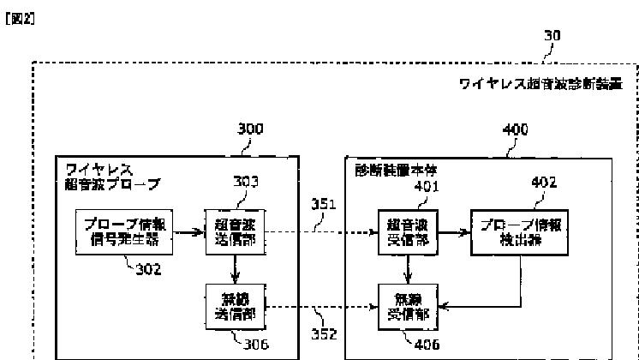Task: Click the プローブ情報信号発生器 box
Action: point(123,231)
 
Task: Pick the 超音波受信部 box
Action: point(409,231)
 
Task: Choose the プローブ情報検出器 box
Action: point(519,231)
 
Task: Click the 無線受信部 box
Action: point(409,306)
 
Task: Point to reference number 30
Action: point(554,38)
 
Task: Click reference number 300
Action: point(249,130)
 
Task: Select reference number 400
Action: point(514,130)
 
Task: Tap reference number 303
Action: point(247,182)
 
